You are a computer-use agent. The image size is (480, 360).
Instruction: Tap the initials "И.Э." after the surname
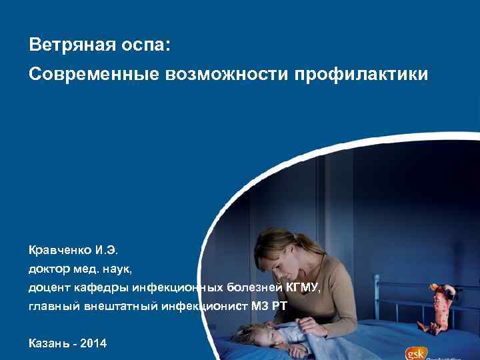106,251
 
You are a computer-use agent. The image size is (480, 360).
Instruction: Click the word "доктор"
47,269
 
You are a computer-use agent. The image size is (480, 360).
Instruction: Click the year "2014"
94,343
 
